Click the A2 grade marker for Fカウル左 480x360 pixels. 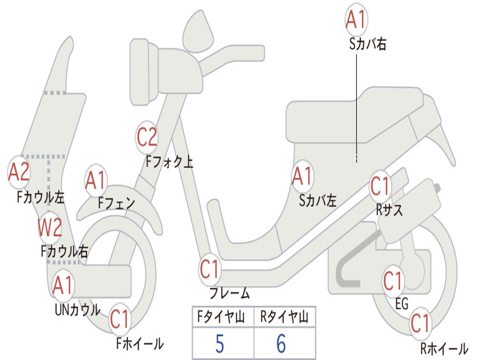click(x=18, y=172)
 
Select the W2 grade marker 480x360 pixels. click(x=50, y=227)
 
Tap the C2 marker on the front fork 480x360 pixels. click(x=147, y=137)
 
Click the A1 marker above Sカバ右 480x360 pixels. click(x=356, y=19)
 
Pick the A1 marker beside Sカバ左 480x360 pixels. click(x=302, y=176)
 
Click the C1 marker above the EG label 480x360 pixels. click(x=393, y=281)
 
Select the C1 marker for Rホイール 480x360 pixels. click(x=420, y=323)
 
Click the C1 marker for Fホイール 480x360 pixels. click(x=120, y=319)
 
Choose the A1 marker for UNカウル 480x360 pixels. click(x=62, y=285)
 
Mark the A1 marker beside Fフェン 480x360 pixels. click(x=96, y=180)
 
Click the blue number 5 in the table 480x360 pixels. click(x=220, y=344)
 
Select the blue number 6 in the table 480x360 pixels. click(x=281, y=344)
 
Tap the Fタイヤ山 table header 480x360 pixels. click(x=221, y=316)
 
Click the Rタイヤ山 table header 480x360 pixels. click(x=285, y=316)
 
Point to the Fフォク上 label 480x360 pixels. click(x=169, y=162)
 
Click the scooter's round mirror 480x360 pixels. click(x=198, y=31)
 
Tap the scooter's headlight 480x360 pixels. click(x=144, y=72)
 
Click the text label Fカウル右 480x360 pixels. click(x=64, y=252)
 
